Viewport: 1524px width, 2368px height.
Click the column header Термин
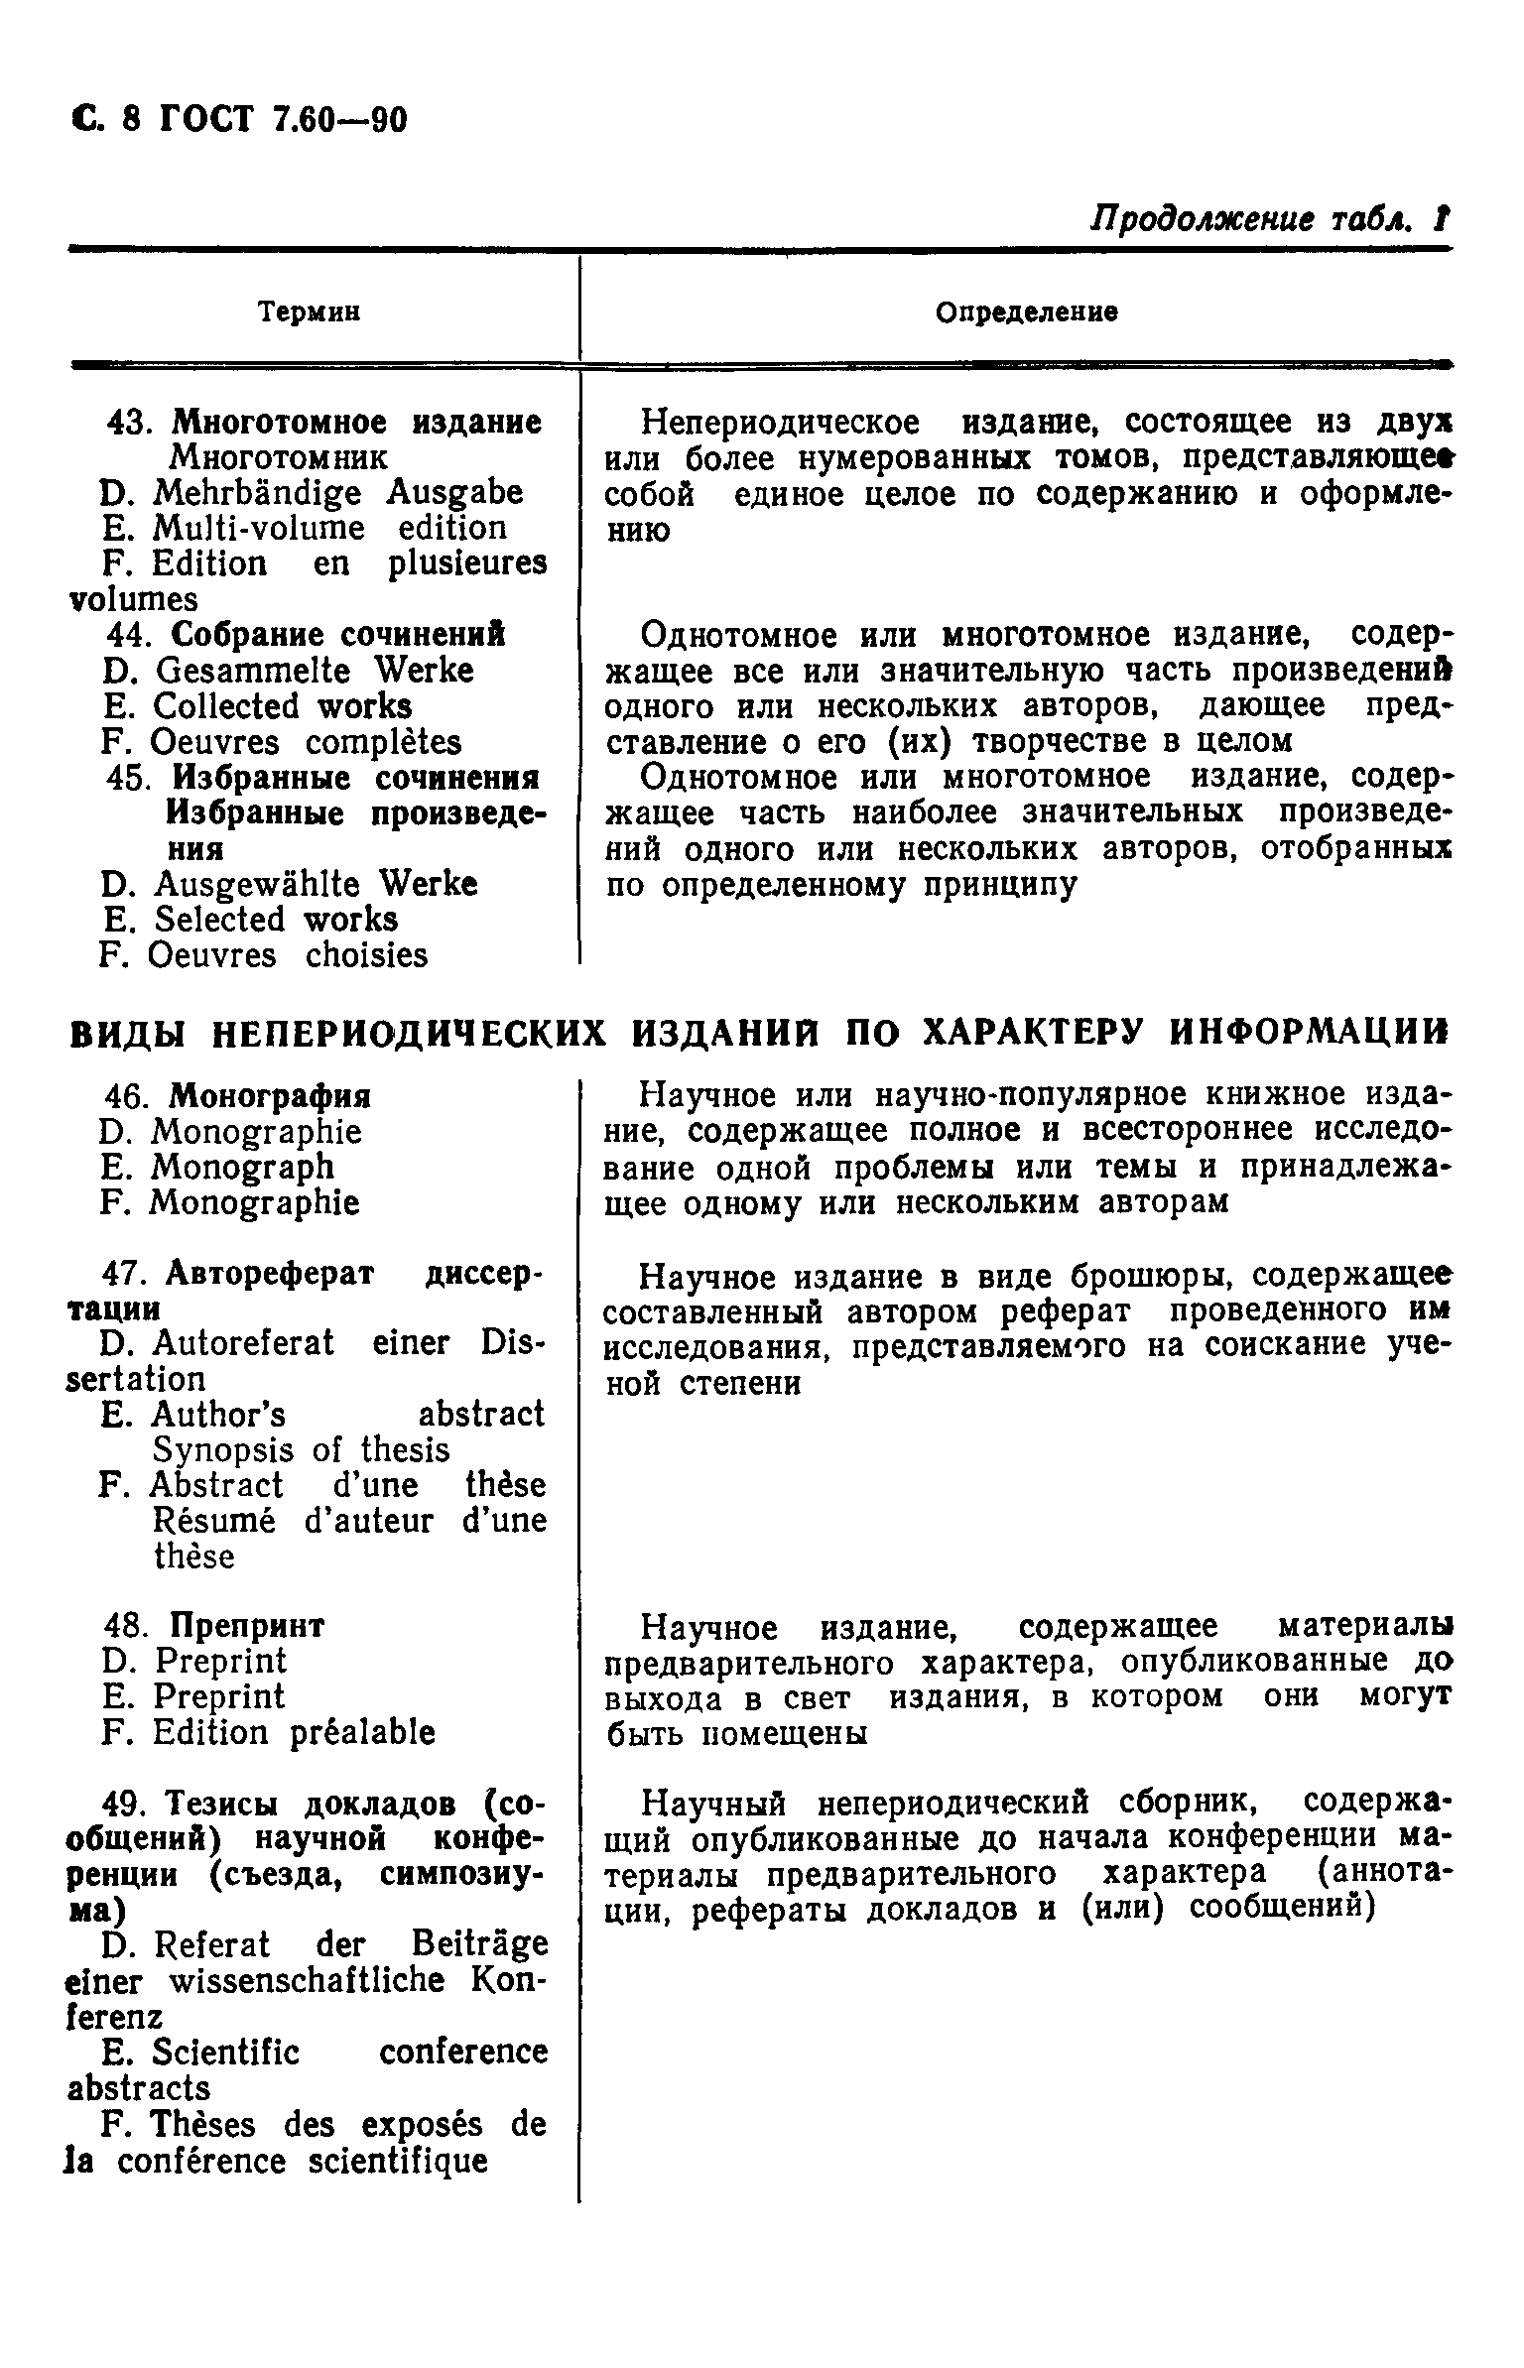(x=309, y=312)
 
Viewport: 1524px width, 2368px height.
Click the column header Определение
(x=1027, y=312)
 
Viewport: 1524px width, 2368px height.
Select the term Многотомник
(x=278, y=457)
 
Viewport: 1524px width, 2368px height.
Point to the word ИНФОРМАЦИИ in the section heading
(x=1308, y=1033)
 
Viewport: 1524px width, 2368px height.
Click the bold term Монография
(x=270, y=1096)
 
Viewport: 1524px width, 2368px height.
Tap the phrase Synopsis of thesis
(x=302, y=1450)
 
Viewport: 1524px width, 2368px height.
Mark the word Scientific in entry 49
(x=226, y=2052)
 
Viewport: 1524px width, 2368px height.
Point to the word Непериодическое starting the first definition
(x=780, y=423)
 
